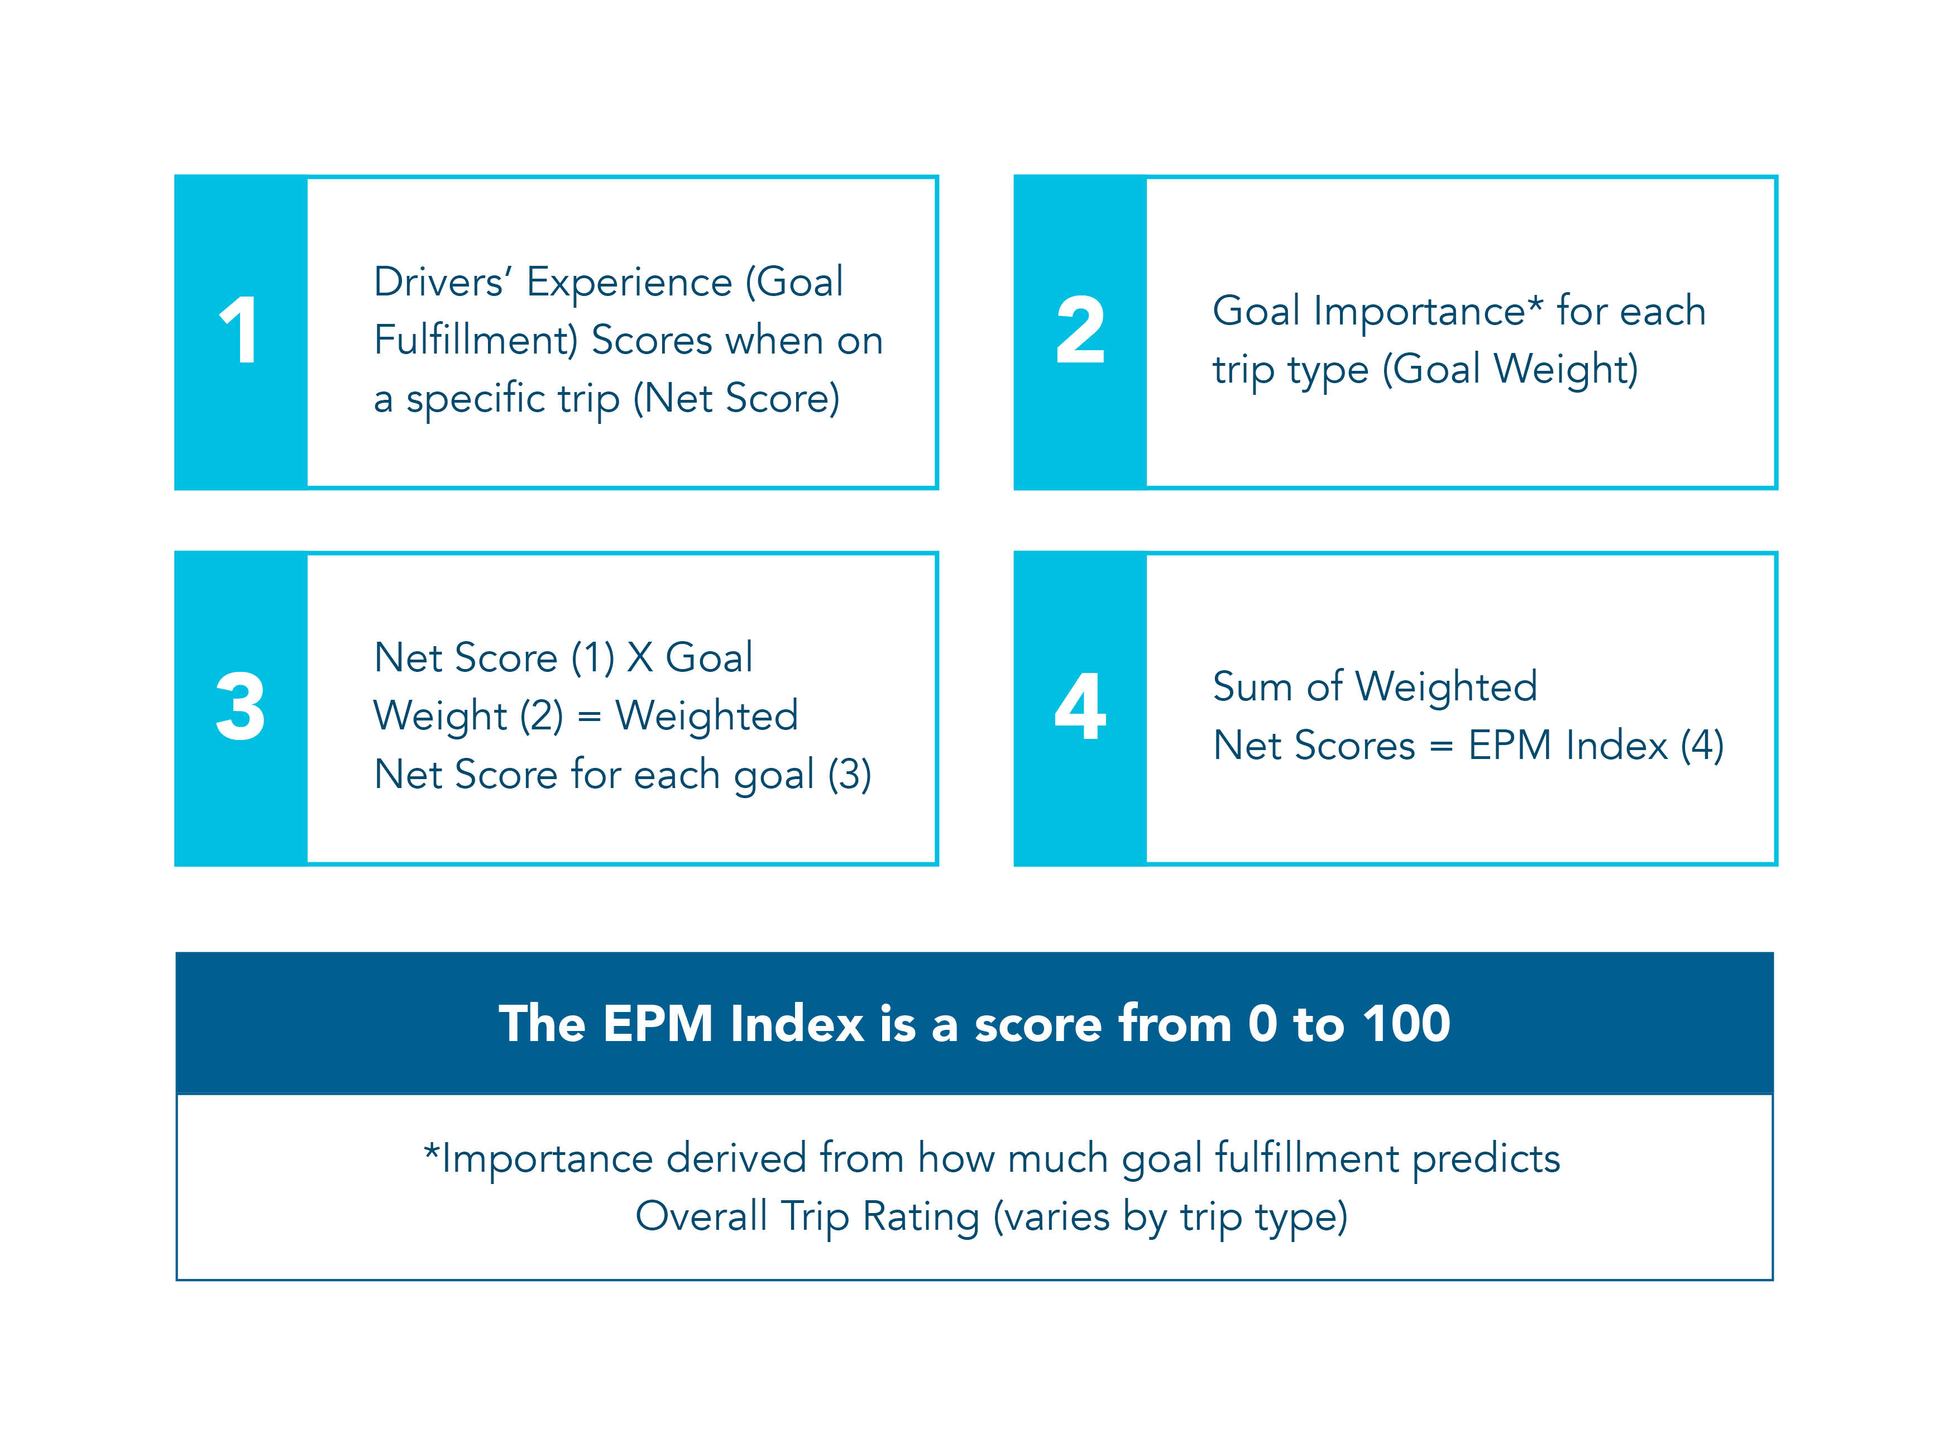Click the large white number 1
[239, 331]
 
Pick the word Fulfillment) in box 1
[476, 340]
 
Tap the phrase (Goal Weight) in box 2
[1510, 369]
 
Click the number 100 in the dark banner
[1406, 1023]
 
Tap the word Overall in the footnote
[701, 1217]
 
